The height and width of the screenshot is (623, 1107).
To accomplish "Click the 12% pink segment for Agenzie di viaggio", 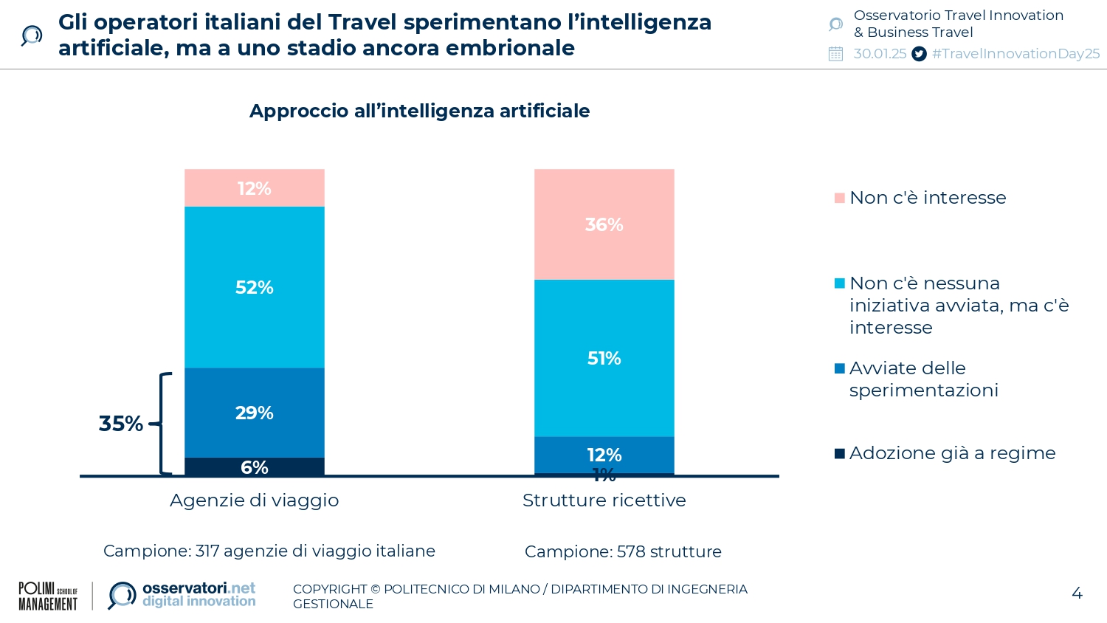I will click(x=254, y=188).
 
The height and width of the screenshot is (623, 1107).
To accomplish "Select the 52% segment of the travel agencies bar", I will click(x=254, y=287).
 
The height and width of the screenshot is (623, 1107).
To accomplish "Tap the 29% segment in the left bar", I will click(x=254, y=413).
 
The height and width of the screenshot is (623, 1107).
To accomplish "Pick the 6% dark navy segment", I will click(x=254, y=467).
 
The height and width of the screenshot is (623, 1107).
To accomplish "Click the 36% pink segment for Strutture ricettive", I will click(x=604, y=224).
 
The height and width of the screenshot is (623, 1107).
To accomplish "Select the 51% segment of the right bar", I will click(x=604, y=359).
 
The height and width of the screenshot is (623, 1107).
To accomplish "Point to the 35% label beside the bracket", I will click(x=121, y=424).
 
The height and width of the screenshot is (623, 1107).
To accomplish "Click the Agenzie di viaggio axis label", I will click(x=254, y=500).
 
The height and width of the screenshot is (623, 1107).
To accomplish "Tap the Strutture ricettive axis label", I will click(x=604, y=500).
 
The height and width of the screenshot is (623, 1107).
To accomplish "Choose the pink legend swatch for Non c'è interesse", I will click(x=839, y=198).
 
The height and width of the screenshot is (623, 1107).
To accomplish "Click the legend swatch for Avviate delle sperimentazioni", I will click(x=839, y=368).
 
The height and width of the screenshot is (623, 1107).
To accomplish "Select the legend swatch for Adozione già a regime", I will click(x=839, y=453).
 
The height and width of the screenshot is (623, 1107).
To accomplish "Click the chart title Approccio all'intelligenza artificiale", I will click(x=419, y=111).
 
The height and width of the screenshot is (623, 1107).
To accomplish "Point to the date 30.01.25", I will click(x=880, y=54).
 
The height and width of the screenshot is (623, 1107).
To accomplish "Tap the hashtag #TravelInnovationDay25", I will click(x=1015, y=54).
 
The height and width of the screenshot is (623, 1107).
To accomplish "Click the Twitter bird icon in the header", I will click(x=919, y=54).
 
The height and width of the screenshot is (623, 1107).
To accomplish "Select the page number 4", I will click(x=1077, y=593).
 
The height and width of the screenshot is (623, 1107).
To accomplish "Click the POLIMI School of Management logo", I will click(x=48, y=596).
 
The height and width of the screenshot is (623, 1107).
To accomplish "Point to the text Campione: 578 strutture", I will click(x=623, y=552).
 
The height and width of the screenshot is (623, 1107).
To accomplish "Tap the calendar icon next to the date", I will click(x=835, y=54).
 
